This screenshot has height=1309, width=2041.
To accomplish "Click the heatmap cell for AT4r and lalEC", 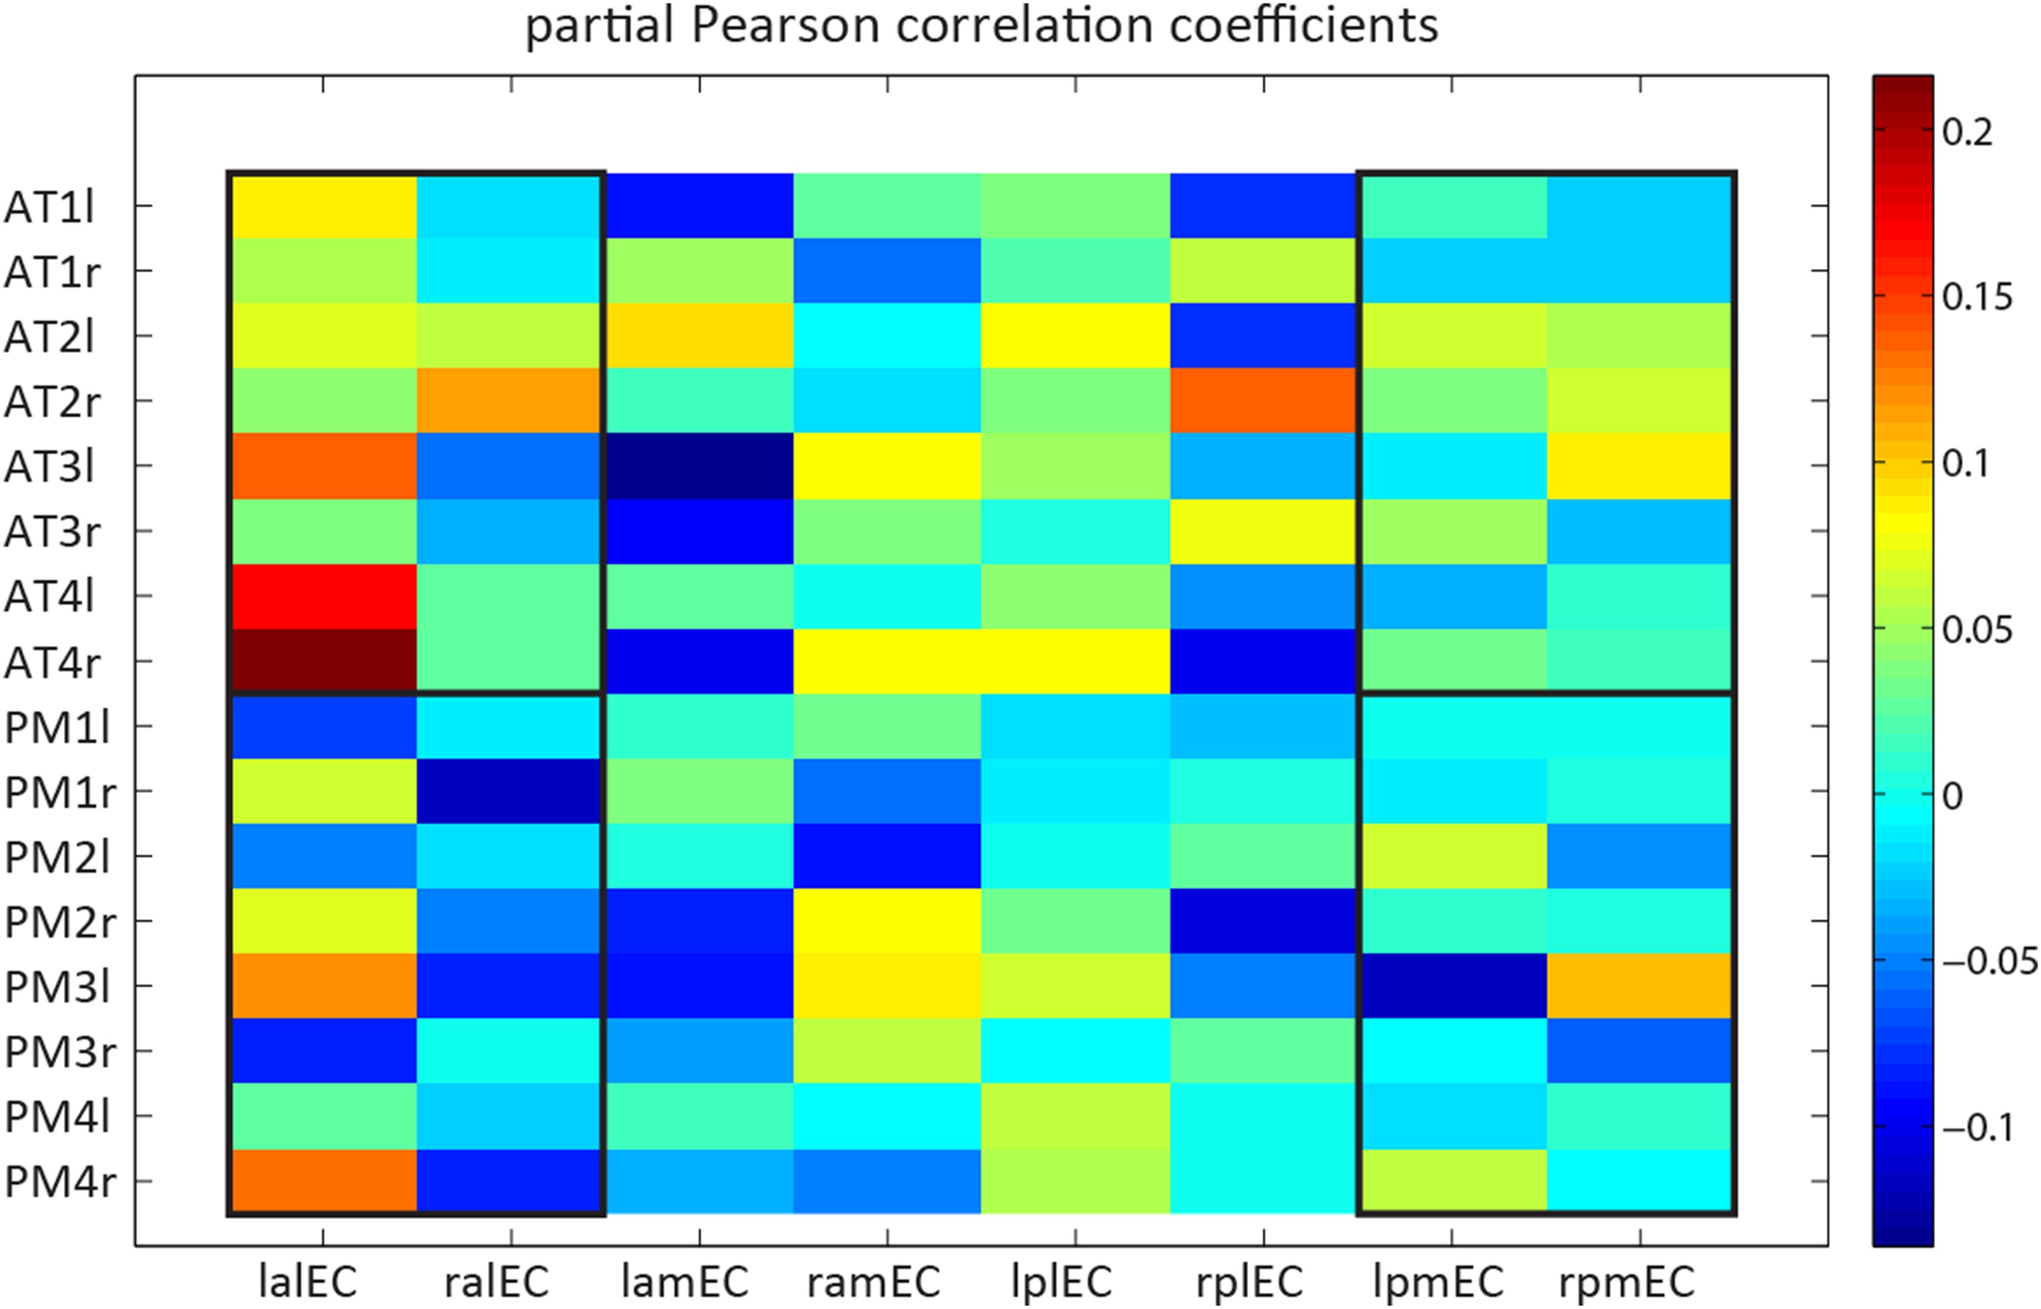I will click(x=323, y=661).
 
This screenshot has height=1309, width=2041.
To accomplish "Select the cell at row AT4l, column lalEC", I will click(x=323, y=596).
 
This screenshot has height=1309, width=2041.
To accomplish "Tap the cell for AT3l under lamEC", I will click(x=700, y=466).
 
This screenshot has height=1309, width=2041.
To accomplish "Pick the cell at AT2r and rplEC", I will click(x=1263, y=400).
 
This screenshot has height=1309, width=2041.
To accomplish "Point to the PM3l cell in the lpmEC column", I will click(x=1452, y=986).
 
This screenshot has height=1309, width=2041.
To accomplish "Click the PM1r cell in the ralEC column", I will click(x=511, y=790).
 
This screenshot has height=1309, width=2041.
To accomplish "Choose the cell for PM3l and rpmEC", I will click(x=1640, y=986).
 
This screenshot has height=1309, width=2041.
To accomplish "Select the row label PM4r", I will click(x=60, y=1181).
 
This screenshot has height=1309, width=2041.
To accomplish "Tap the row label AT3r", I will click(x=53, y=531).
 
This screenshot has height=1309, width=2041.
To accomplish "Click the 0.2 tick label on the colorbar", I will click(x=1967, y=133).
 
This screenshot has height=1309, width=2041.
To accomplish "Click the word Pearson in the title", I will click(x=785, y=25).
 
